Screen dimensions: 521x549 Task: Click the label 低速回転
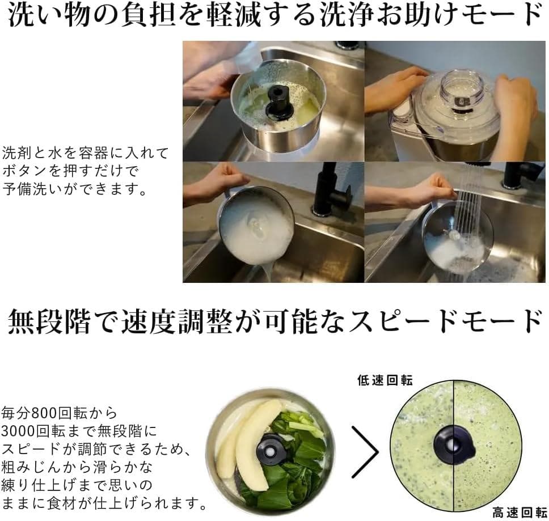click(x=385, y=379)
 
